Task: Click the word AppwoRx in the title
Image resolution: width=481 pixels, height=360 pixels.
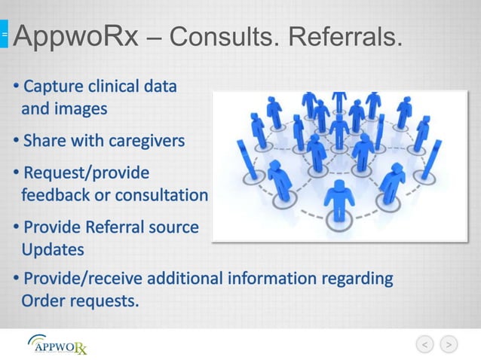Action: (x=76, y=35)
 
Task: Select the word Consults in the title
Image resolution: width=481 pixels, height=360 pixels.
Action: (x=229, y=35)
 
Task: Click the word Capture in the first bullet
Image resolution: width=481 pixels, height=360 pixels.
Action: (x=54, y=85)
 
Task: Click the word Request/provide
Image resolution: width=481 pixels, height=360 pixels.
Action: (x=86, y=172)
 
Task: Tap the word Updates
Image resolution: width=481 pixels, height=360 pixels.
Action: (x=52, y=249)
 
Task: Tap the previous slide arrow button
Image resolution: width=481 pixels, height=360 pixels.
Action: (x=426, y=344)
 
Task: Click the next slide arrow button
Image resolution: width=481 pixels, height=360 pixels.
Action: (x=449, y=344)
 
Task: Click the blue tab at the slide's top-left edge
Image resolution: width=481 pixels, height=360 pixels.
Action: (x=4, y=34)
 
